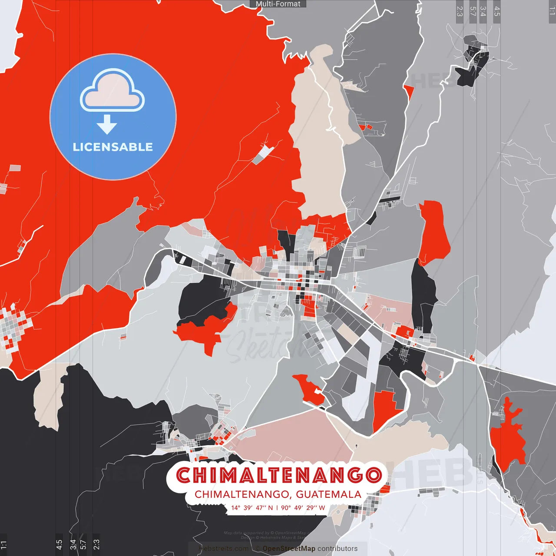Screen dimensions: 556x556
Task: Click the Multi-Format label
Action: click(x=278, y=4)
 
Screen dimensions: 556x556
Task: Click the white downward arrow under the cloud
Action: click(x=107, y=125)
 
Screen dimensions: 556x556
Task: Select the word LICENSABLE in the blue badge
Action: click(x=113, y=147)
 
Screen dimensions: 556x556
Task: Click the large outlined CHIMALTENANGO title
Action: click(x=278, y=476)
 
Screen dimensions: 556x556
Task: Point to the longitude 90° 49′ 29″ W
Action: click(x=303, y=508)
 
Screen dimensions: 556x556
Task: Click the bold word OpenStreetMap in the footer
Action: click(x=288, y=549)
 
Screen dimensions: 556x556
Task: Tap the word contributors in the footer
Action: click(x=338, y=549)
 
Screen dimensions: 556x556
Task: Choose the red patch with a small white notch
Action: click(x=309, y=388)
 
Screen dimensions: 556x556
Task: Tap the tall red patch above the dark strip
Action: click(x=434, y=232)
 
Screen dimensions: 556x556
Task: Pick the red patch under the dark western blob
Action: click(x=204, y=330)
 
